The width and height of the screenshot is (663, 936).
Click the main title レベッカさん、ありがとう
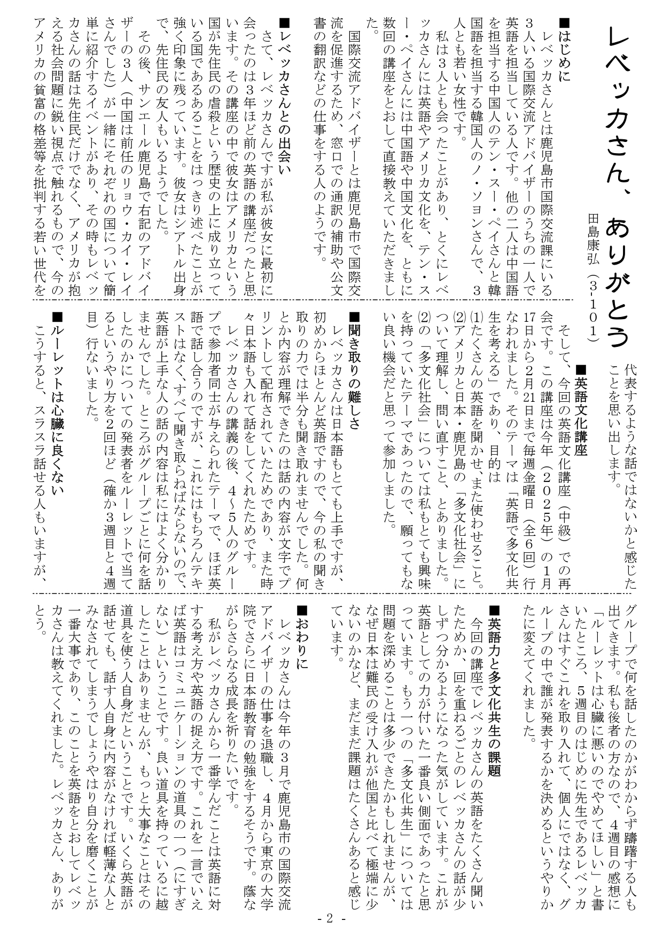(620, 187)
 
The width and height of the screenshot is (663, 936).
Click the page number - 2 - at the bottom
(331, 918)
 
